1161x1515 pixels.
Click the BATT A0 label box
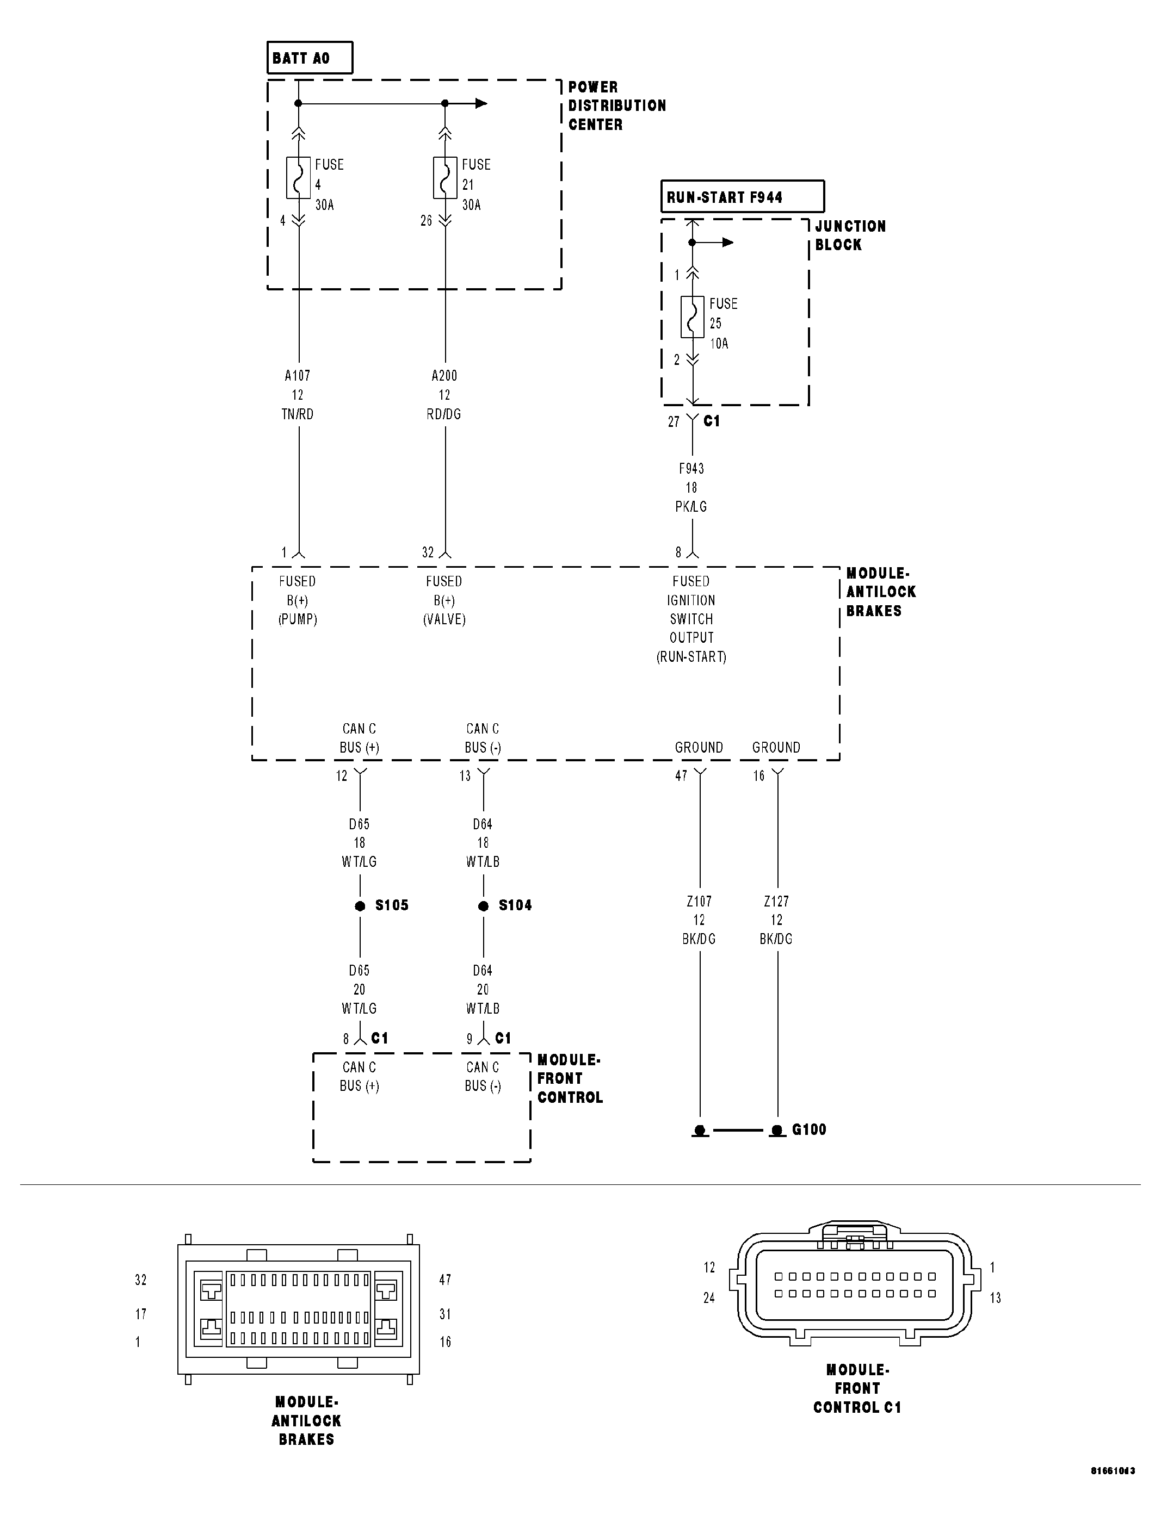point(309,58)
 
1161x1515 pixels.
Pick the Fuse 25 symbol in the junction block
point(693,317)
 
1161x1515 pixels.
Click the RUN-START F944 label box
point(742,197)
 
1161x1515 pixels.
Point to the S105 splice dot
point(360,906)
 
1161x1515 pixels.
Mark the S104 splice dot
point(484,906)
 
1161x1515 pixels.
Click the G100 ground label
point(808,1129)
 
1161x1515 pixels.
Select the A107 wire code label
point(298,376)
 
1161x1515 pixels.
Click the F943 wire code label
point(691,468)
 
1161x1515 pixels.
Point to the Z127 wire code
point(776,901)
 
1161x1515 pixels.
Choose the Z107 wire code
point(699,901)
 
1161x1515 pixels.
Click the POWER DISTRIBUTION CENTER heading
point(616,105)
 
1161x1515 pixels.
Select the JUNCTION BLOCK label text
point(849,235)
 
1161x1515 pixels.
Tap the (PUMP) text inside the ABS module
point(298,620)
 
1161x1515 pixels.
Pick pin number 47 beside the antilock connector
point(445,1280)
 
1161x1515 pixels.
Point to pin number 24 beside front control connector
point(709,1298)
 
